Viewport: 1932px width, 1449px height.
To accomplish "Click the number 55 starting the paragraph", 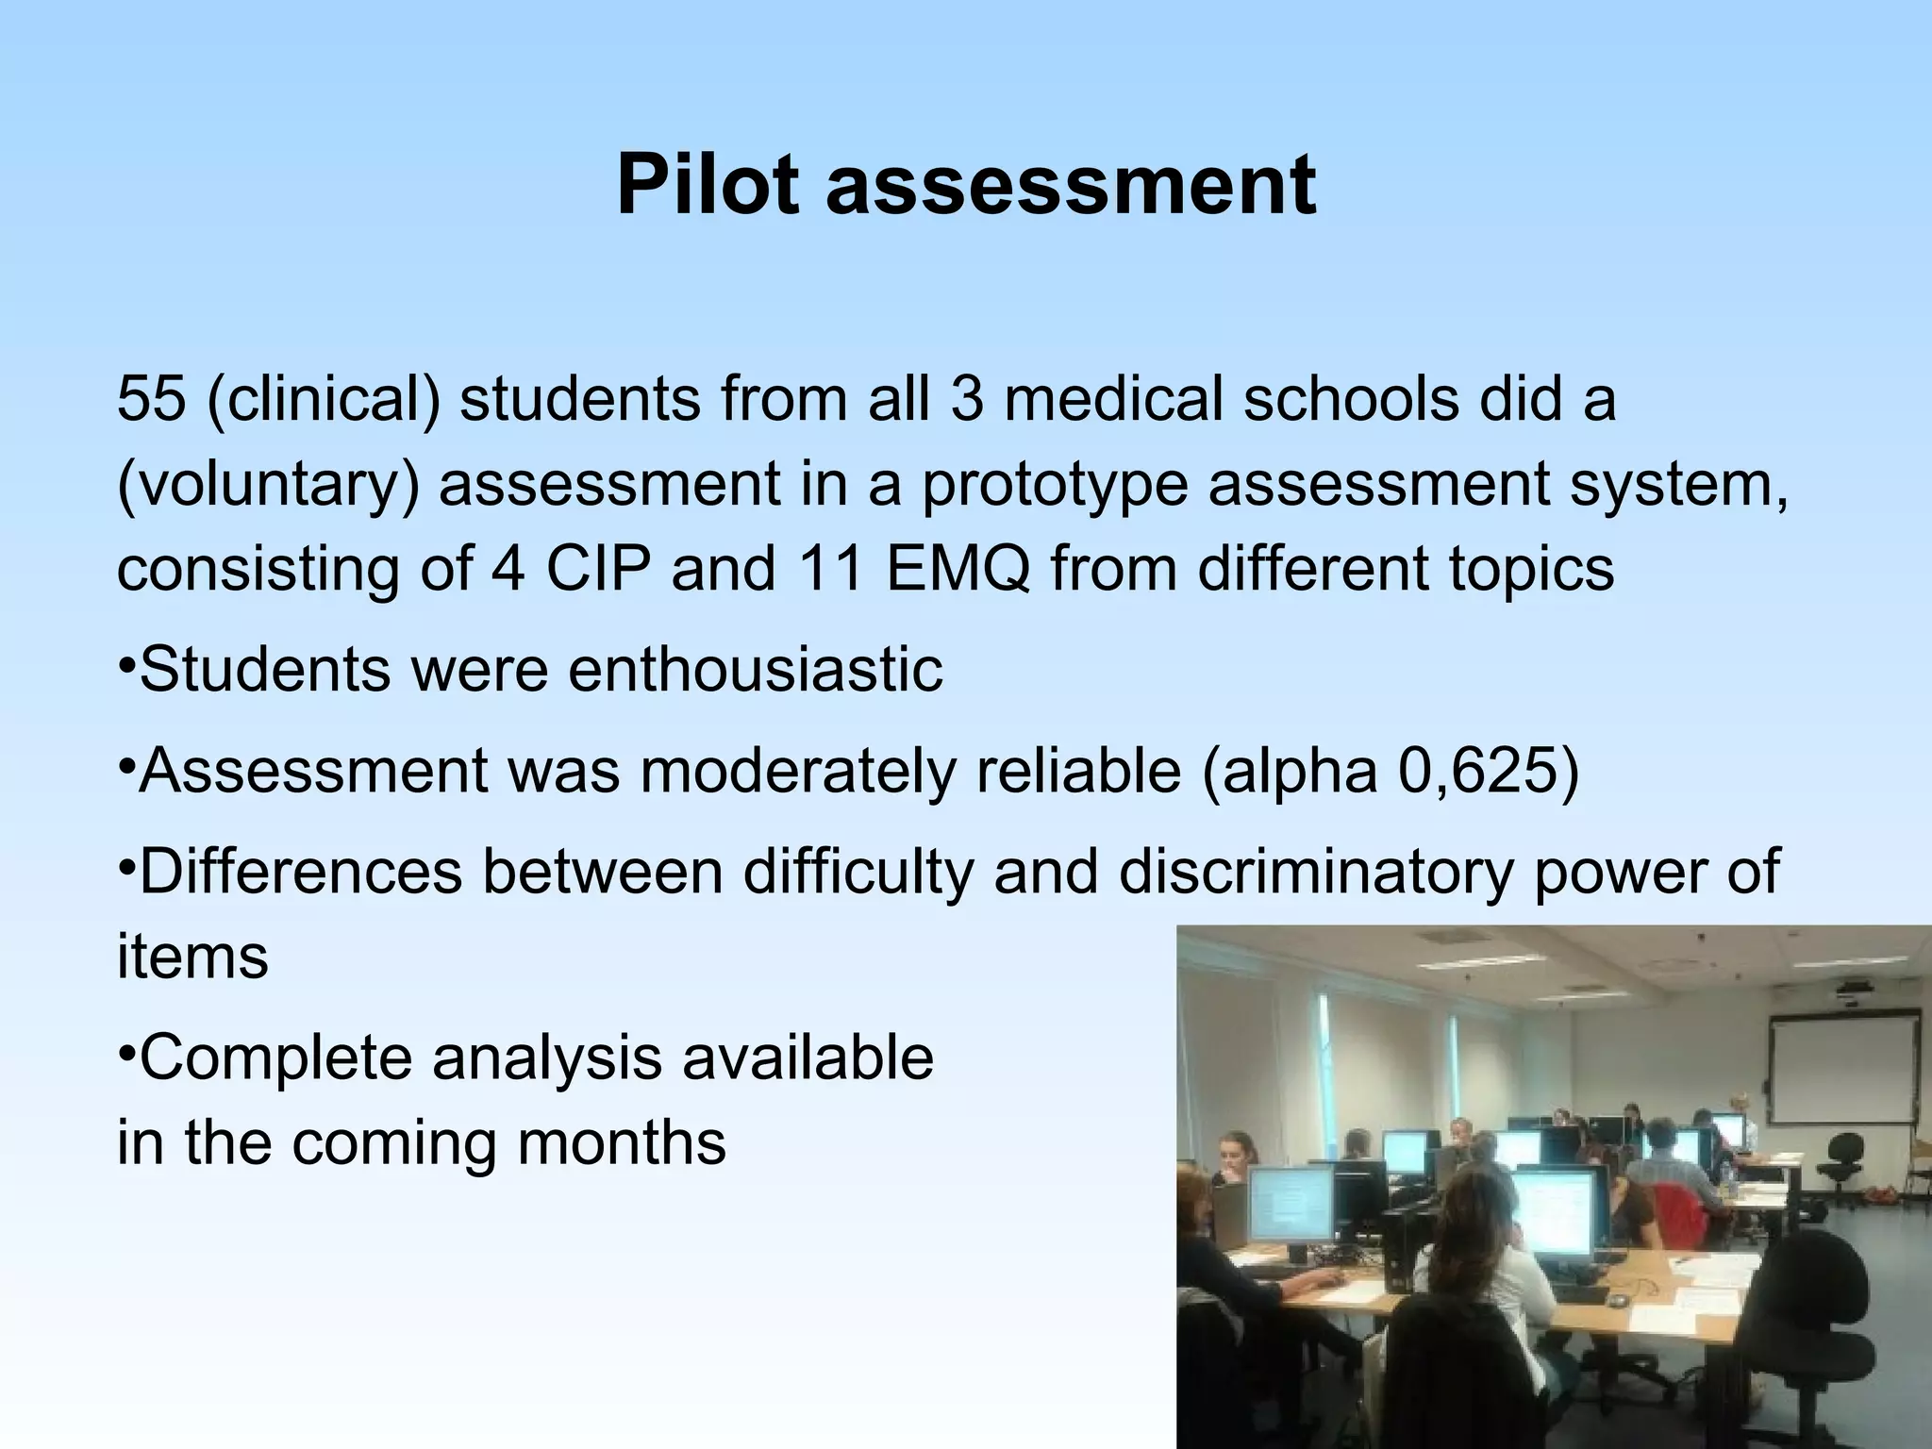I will [151, 398].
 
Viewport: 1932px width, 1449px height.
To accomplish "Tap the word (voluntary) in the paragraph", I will [268, 485].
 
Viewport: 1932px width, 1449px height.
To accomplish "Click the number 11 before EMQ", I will [831, 569].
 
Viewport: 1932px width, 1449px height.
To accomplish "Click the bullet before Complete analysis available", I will [126, 1049].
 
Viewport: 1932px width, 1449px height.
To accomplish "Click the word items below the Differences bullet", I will [192, 957].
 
